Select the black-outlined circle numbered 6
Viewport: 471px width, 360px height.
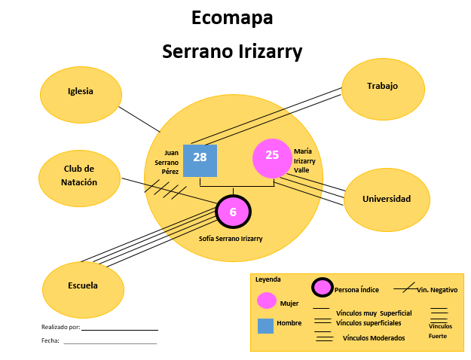233,212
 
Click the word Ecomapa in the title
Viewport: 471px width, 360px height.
232,17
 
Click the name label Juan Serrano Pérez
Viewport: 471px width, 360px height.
167,161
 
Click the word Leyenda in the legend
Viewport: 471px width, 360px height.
268,279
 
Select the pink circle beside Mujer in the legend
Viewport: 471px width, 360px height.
267,301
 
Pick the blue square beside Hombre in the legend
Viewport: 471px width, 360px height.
265,325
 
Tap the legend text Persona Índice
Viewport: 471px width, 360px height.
356,289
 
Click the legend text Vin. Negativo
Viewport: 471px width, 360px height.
437,289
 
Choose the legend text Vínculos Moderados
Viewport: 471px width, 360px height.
374,338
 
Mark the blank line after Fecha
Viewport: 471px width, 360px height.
110,343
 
